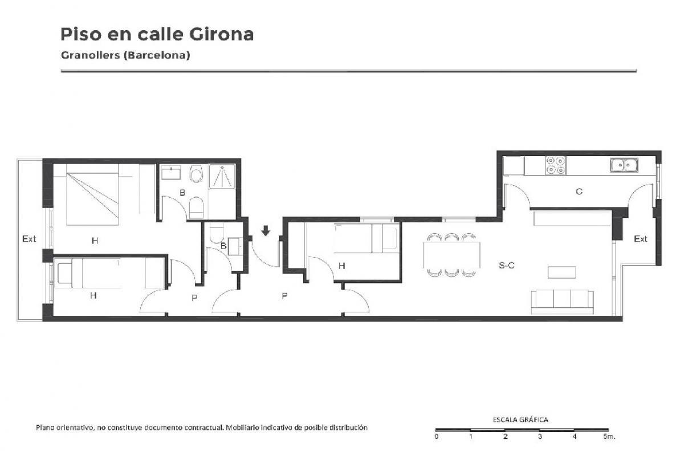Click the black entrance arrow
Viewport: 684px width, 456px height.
click(266, 231)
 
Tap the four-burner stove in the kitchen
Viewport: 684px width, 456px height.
click(555, 165)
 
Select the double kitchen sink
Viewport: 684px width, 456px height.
click(624, 165)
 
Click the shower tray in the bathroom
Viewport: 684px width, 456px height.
click(222, 176)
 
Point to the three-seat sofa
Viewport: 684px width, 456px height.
click(562, 302)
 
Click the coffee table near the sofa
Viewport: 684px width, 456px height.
click(561, 272)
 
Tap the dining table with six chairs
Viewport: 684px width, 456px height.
click(451, 255)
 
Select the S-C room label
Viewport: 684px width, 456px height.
click(506, 266)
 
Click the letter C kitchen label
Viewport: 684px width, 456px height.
click(579, 192)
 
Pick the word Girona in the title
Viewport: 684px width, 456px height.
click(221, 34)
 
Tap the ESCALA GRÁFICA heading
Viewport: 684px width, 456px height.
click(520, 420)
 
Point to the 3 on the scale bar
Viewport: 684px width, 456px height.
click(540, 437)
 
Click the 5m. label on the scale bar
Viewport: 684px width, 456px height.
click(609, 437)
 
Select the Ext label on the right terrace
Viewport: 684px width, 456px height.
click(640, 239)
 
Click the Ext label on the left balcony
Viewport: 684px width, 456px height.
click(29, 238)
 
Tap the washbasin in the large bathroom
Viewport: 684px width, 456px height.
click(170, 173)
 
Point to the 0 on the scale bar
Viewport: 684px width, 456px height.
click(437, 437)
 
